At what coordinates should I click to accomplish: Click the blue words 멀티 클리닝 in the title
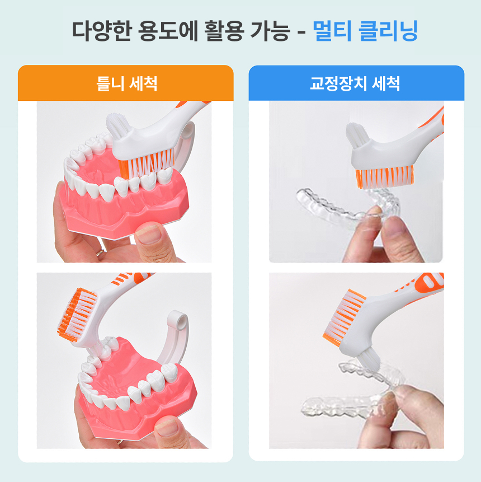click(365, 31)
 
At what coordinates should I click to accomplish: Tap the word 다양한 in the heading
click(102, 31)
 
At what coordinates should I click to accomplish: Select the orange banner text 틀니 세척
click(126, 83)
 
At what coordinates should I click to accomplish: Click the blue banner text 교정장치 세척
click(355, 83)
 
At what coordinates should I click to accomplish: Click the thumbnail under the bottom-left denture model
click(168, 428)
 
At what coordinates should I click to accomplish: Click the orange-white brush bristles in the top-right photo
click(384, 177)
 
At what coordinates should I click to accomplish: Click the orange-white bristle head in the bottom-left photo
click(77, 314)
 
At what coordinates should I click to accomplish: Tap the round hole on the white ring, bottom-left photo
click(181, 320)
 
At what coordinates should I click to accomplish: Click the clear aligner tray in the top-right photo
click(347, 205)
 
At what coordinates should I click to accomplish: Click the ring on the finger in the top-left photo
click(100, 252)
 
